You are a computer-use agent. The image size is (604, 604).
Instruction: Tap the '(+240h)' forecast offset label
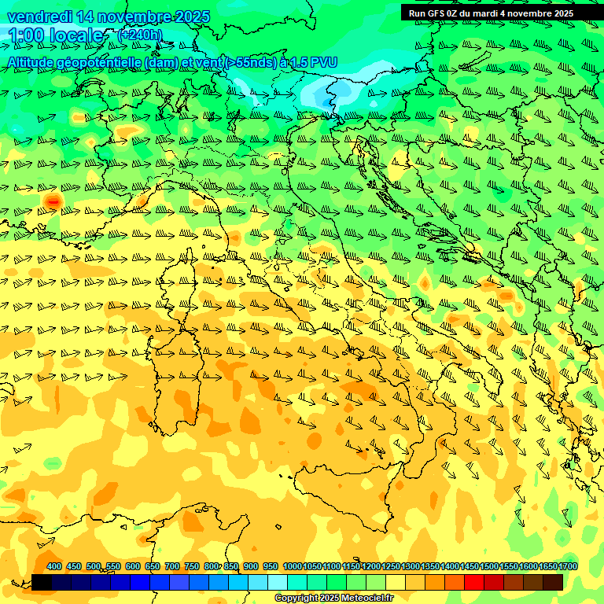point(140,35)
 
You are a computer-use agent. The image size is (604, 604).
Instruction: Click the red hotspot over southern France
point(53,202)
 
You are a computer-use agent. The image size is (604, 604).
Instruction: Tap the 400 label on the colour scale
point(54,566)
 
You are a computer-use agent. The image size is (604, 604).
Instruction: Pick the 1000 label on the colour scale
point(292,566)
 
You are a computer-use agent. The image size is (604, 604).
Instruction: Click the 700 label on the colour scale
point(172,566)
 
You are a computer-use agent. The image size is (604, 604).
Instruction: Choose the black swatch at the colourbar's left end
point(42,582)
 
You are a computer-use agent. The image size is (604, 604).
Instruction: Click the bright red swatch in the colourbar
point(474,582)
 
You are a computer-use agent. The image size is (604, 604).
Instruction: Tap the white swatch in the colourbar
point(278,582)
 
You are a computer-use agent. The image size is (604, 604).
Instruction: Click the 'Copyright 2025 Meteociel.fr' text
point(333,598)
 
